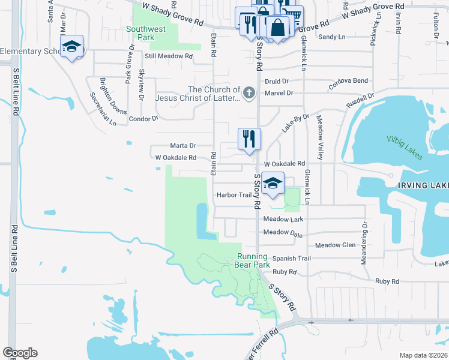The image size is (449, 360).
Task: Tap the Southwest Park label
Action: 146,33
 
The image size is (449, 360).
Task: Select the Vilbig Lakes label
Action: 405,148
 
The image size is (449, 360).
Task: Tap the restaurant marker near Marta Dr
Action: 249,139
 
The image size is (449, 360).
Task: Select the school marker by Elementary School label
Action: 71,47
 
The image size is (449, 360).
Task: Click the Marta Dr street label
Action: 183,146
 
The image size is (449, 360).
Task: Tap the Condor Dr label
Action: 143,119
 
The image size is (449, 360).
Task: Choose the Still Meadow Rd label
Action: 169,56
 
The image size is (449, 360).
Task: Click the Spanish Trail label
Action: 291,259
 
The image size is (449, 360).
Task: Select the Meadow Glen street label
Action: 336,245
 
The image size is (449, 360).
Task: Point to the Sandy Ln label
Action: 332,37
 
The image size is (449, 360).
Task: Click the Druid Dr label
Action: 277,80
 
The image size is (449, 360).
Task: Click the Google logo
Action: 20,353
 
